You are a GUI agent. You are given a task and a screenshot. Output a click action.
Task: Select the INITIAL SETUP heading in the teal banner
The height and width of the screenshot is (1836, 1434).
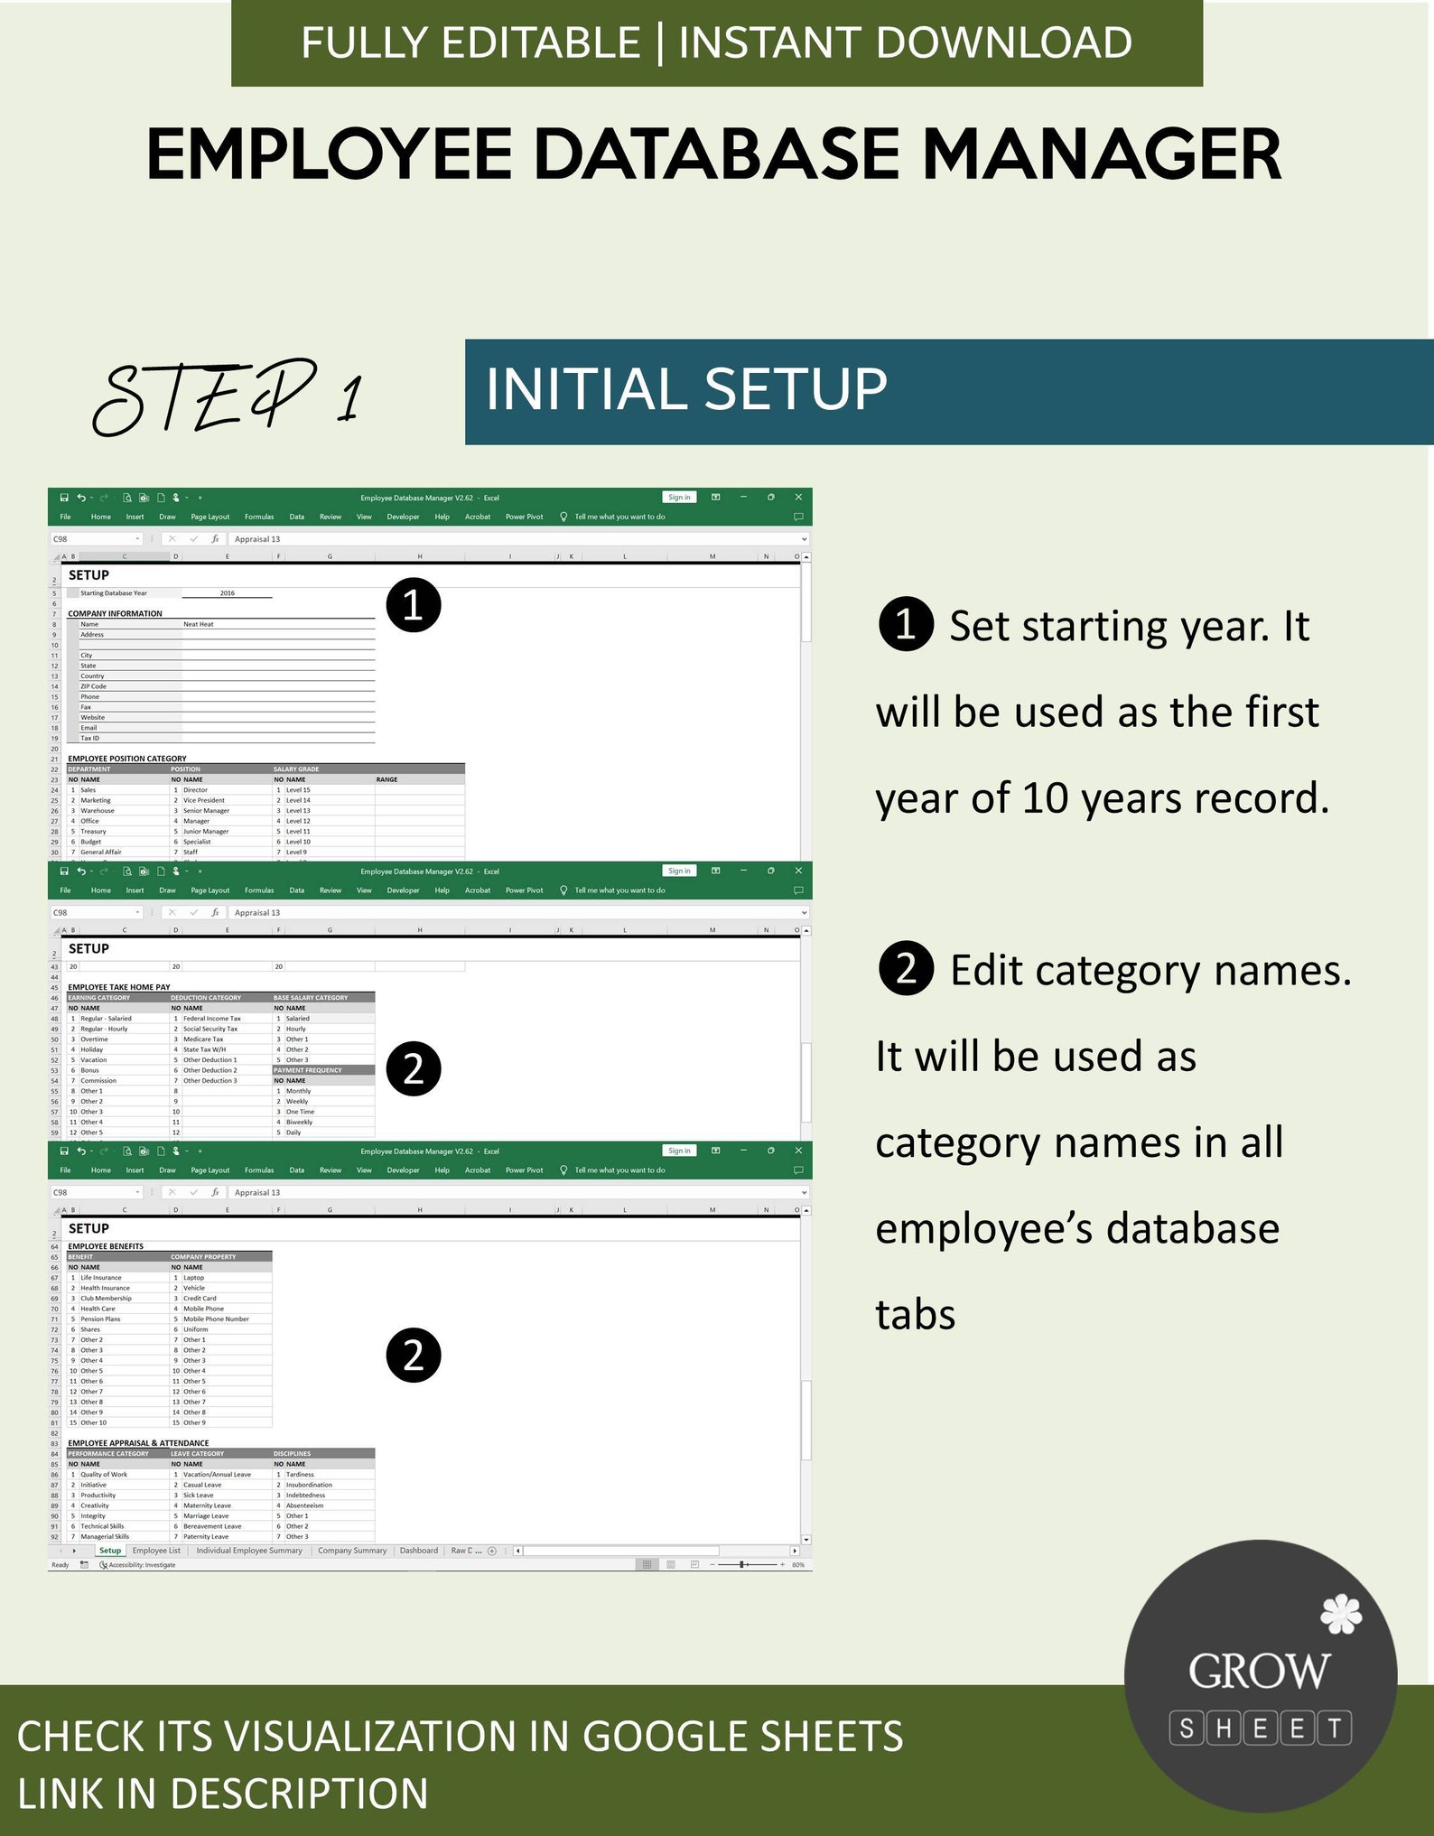(x=686, y=389)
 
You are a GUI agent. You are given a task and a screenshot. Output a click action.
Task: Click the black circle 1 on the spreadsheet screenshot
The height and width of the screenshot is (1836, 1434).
(x=413, y=605)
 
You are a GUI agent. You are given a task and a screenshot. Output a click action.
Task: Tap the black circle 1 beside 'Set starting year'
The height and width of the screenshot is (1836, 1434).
(x=906, y=624)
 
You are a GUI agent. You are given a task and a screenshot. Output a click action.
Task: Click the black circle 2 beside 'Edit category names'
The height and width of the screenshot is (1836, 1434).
(x=906, y=969)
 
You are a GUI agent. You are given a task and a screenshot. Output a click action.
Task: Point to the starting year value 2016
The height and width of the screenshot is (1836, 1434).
(x=227, y=593)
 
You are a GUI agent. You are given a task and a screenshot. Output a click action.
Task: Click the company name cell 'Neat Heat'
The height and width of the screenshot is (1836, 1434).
(x=199, y=624)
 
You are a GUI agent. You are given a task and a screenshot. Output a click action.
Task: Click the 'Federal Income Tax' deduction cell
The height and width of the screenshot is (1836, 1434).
(x=212, y=1018)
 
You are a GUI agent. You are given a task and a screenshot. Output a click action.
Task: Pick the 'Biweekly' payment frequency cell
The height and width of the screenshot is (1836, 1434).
(x=299, y=1122)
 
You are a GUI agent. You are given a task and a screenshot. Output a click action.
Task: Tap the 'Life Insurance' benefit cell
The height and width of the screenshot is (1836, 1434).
(x=101, y=1277)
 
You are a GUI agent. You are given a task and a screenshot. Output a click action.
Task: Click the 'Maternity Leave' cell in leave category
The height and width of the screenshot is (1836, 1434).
(x=207, y=1505)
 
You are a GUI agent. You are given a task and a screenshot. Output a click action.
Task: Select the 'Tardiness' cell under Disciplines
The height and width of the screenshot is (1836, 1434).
(x=300, y=1474)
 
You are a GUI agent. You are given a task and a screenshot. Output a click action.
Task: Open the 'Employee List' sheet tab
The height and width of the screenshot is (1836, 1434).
(x=156, y=1551)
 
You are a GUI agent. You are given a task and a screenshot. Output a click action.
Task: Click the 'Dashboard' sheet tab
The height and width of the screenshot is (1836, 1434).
(x=419, y=1551)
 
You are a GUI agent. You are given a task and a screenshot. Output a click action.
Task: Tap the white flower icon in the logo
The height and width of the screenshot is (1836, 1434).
(x=1340, y=1615)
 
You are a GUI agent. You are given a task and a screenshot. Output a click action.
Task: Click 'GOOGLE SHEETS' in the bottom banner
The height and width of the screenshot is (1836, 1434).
(x=742, y=1737)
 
